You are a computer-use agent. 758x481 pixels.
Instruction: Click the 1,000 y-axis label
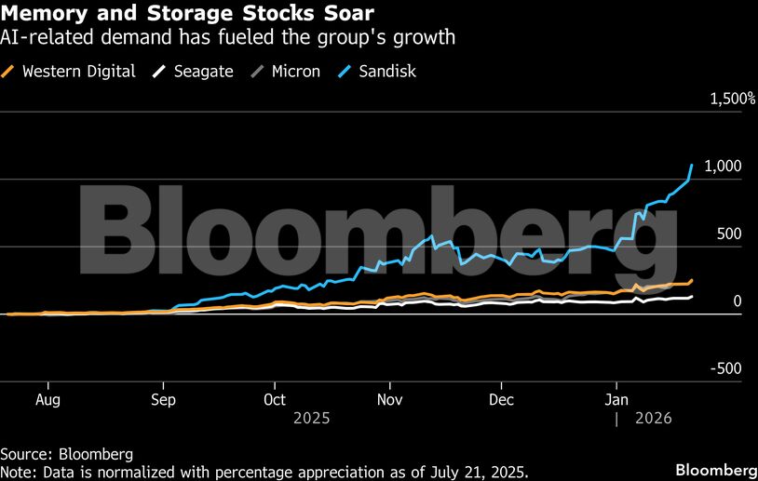(x=724, y=166)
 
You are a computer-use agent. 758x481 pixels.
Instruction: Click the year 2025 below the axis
(x=311, y=419)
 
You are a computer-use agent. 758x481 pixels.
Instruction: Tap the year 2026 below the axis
(x=653, y=419)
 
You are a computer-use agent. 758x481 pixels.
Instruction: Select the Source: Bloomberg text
(x=66, y=454)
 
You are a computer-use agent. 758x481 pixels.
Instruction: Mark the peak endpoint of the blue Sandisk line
(x=692, y=165)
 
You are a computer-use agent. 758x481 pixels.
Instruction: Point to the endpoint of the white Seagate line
(x=692, y=297)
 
